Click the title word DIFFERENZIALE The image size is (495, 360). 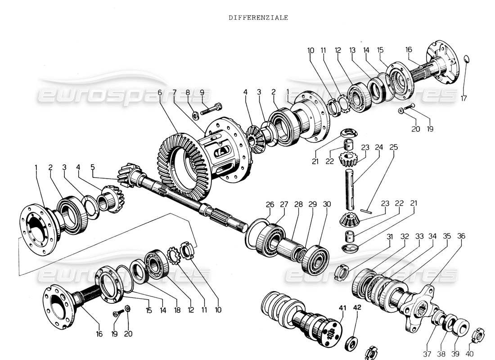click(x=258, y=18)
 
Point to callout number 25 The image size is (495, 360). click(x=394, y=147)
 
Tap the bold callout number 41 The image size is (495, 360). click(x=343, y=307)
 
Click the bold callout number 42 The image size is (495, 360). click(x=357, y=307)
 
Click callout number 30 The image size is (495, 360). click(x=327, y=204)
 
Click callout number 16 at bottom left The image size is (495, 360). click(x=99, y=333)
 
